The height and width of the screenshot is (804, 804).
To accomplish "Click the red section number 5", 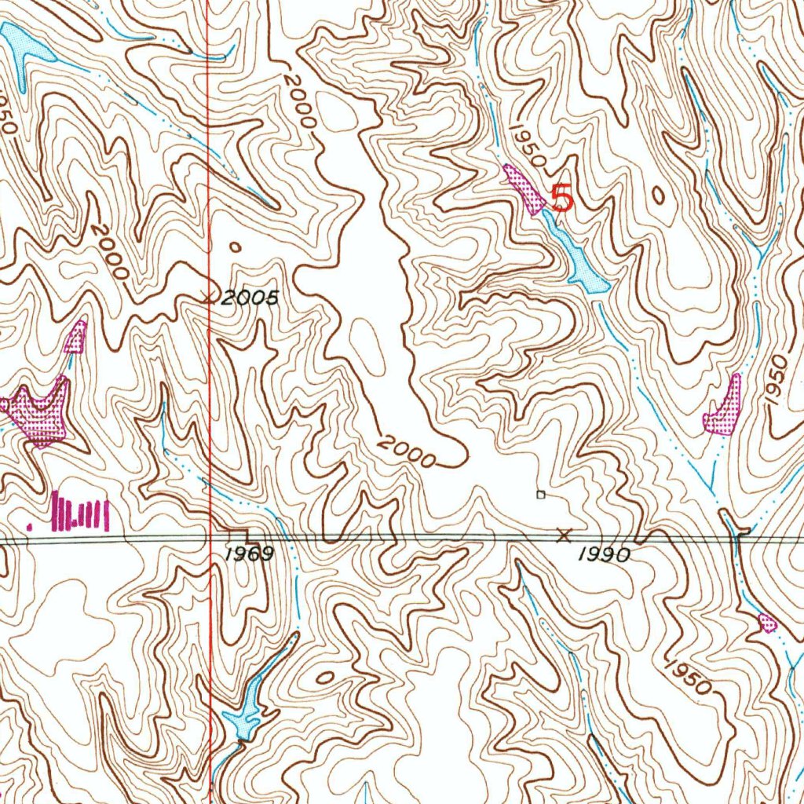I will click(x=562, y=197).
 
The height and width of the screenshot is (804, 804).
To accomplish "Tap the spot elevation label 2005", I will click(x=250, y=298).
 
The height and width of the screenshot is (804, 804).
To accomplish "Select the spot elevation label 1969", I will click(x=249, y=554).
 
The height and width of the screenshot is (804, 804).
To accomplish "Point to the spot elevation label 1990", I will click(x=605, y=555).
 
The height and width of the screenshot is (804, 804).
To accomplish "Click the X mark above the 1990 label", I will click(x=563, y=535).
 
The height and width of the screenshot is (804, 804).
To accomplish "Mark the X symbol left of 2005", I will click(x=208, y=297).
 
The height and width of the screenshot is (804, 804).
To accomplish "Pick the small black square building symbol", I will click(x=540, y=495).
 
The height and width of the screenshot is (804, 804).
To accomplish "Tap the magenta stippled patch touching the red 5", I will click(x=524, y=188).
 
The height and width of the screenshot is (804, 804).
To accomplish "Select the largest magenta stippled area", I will click(x=38, y=413).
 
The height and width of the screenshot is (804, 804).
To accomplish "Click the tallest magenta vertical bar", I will click(x=57, y=510).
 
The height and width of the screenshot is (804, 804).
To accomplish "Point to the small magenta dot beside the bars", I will click(x=31, y=524).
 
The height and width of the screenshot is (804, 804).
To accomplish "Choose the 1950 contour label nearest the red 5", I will click(x=527, y=144).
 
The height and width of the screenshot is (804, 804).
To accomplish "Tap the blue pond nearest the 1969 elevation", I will click(x=246, y=716).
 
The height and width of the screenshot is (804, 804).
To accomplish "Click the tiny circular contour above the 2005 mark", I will click(x=235, y=247).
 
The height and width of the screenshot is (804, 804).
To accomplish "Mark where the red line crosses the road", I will click(x=211, y=539).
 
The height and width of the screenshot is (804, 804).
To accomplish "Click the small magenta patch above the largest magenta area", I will click(x=75, y=338).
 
